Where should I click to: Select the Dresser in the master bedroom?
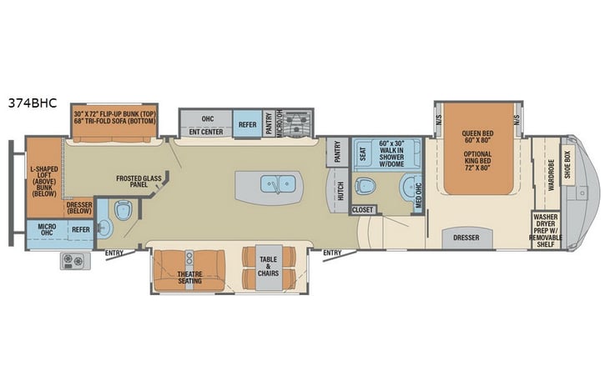466,238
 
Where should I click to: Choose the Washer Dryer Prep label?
545,229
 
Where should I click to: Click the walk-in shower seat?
362,153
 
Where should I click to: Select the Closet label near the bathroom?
363,210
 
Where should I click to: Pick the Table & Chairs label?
268,264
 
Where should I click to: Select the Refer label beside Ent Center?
247,124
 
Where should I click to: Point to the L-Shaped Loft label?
43,179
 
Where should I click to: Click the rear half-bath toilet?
123,212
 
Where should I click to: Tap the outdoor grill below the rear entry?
73,262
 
